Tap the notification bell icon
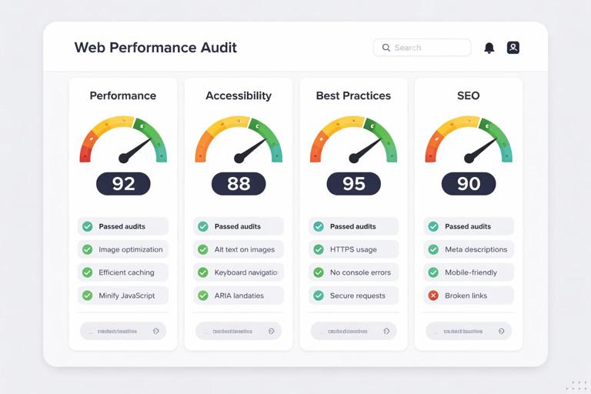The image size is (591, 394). [489, 48]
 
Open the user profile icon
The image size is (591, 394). [513, 48]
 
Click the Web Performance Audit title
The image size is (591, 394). [155, 48]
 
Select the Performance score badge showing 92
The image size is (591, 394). [123, 183]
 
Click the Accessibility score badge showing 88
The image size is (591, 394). [239, 183]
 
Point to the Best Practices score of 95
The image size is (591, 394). [353, 183]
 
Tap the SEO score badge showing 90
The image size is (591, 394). [469, 183]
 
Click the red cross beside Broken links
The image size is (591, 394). [433, 295]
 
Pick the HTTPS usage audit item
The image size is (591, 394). [353, 249]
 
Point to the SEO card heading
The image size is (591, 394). [468, 96]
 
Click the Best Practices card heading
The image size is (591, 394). [353, 96]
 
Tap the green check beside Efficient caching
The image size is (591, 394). [88, 272]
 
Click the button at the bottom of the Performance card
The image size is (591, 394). [123, 331]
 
